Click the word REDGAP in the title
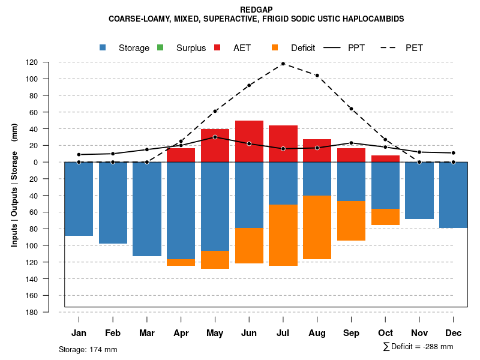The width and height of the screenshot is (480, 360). [256, 10]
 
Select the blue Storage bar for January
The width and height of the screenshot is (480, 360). [79, 199]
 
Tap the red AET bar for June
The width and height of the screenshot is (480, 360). [249, 141]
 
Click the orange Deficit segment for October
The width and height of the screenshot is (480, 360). [385, 217]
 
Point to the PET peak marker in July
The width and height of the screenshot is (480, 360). [283, 64]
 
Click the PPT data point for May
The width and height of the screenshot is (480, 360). [215, 137]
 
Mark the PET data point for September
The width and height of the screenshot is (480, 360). [351, 109]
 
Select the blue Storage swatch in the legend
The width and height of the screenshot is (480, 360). [104, 47]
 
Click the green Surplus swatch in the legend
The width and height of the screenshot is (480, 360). [160, 47]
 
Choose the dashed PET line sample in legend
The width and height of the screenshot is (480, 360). [390, 47]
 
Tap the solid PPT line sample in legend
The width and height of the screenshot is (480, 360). [332, 47]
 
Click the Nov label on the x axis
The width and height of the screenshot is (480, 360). [419, 333]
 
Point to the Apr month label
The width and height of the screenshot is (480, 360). [181, 333]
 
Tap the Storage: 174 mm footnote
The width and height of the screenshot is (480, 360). [88, 349]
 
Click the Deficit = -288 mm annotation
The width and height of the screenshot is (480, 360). [418, 347]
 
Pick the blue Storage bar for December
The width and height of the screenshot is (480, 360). [453, 195]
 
